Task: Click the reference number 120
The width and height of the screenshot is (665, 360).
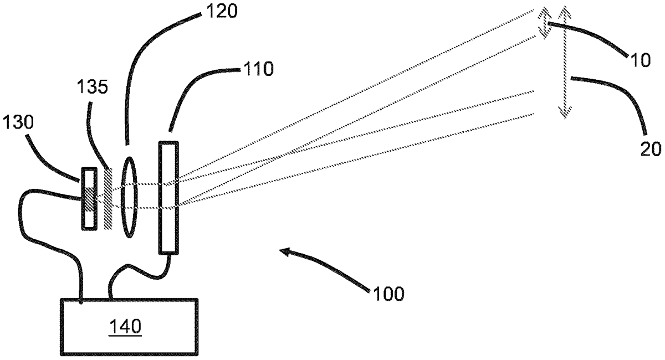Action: (222, 11)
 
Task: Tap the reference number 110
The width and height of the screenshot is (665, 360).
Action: (258, 69)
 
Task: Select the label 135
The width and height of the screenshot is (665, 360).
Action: (92, 87)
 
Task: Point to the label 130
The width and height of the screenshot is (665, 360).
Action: (18, 122)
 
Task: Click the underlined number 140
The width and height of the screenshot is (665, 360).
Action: (125, 326)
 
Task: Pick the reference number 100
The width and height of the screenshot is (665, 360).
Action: (388, 294)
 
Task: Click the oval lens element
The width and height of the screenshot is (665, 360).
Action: (129, 197)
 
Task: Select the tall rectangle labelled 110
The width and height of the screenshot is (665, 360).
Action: (168, 198)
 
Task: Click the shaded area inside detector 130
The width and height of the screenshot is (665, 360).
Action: (89, 198)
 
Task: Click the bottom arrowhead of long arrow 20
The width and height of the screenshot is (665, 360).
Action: (564, 113)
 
